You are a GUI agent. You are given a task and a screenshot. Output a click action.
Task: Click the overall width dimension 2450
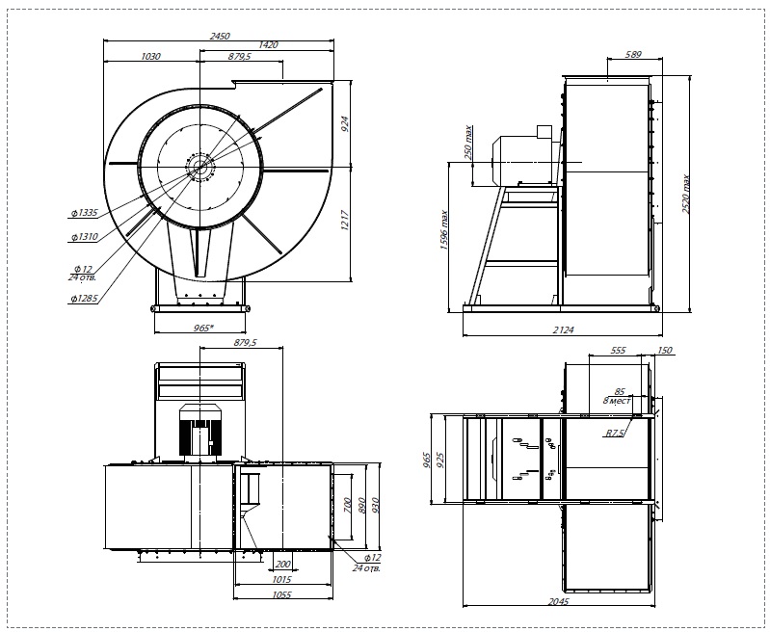click(x=220, y=36)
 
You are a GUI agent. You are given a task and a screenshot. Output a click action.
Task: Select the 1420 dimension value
click(x=268, y=44)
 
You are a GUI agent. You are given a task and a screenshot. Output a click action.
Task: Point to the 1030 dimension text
click(x=150, y=57)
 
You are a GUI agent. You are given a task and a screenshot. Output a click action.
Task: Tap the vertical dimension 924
click(x=345, y=124)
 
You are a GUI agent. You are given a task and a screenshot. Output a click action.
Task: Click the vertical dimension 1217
click(x=345, y=221)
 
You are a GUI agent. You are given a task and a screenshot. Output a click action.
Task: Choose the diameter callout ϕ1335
click(x=84, y=213)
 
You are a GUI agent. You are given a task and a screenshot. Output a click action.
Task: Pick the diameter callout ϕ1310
click(x=84, y=237)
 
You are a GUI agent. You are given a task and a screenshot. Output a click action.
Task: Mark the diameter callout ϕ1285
click(x=84, y=298)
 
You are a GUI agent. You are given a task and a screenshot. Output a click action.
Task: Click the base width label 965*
click(x=203, y=328)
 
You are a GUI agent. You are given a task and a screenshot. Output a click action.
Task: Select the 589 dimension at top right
click(x=633, y=55)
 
